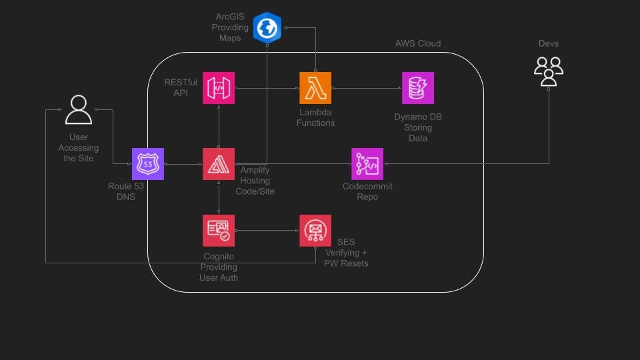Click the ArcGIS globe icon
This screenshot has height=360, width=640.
click(267, 28)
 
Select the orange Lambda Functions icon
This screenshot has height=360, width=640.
click(315, 88)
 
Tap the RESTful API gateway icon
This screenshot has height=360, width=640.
click(219, 88)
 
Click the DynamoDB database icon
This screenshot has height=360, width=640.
click(418, 88)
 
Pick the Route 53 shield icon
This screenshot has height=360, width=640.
click(147, 164)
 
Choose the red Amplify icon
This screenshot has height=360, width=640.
click(219, 164)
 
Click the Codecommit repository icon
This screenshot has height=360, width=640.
click(367, 164)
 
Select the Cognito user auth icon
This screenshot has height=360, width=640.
click(219, 231)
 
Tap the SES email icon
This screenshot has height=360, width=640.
click(315, 231)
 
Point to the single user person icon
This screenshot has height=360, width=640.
click(78, 109)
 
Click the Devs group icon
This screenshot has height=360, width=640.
click(549, 71)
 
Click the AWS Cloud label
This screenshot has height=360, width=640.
click(418, 43)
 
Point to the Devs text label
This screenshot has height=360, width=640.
click(549, 43)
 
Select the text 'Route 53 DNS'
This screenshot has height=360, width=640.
click(126, 192)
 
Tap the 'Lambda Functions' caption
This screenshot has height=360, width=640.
click(317, 118)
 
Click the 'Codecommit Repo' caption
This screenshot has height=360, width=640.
click(367, 192)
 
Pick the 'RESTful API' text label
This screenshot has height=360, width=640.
click(176, 87)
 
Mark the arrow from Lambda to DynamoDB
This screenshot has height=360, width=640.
click(367, 88)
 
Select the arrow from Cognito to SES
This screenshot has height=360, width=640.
click(267, 231)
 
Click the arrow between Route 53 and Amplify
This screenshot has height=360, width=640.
click(183, 164)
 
